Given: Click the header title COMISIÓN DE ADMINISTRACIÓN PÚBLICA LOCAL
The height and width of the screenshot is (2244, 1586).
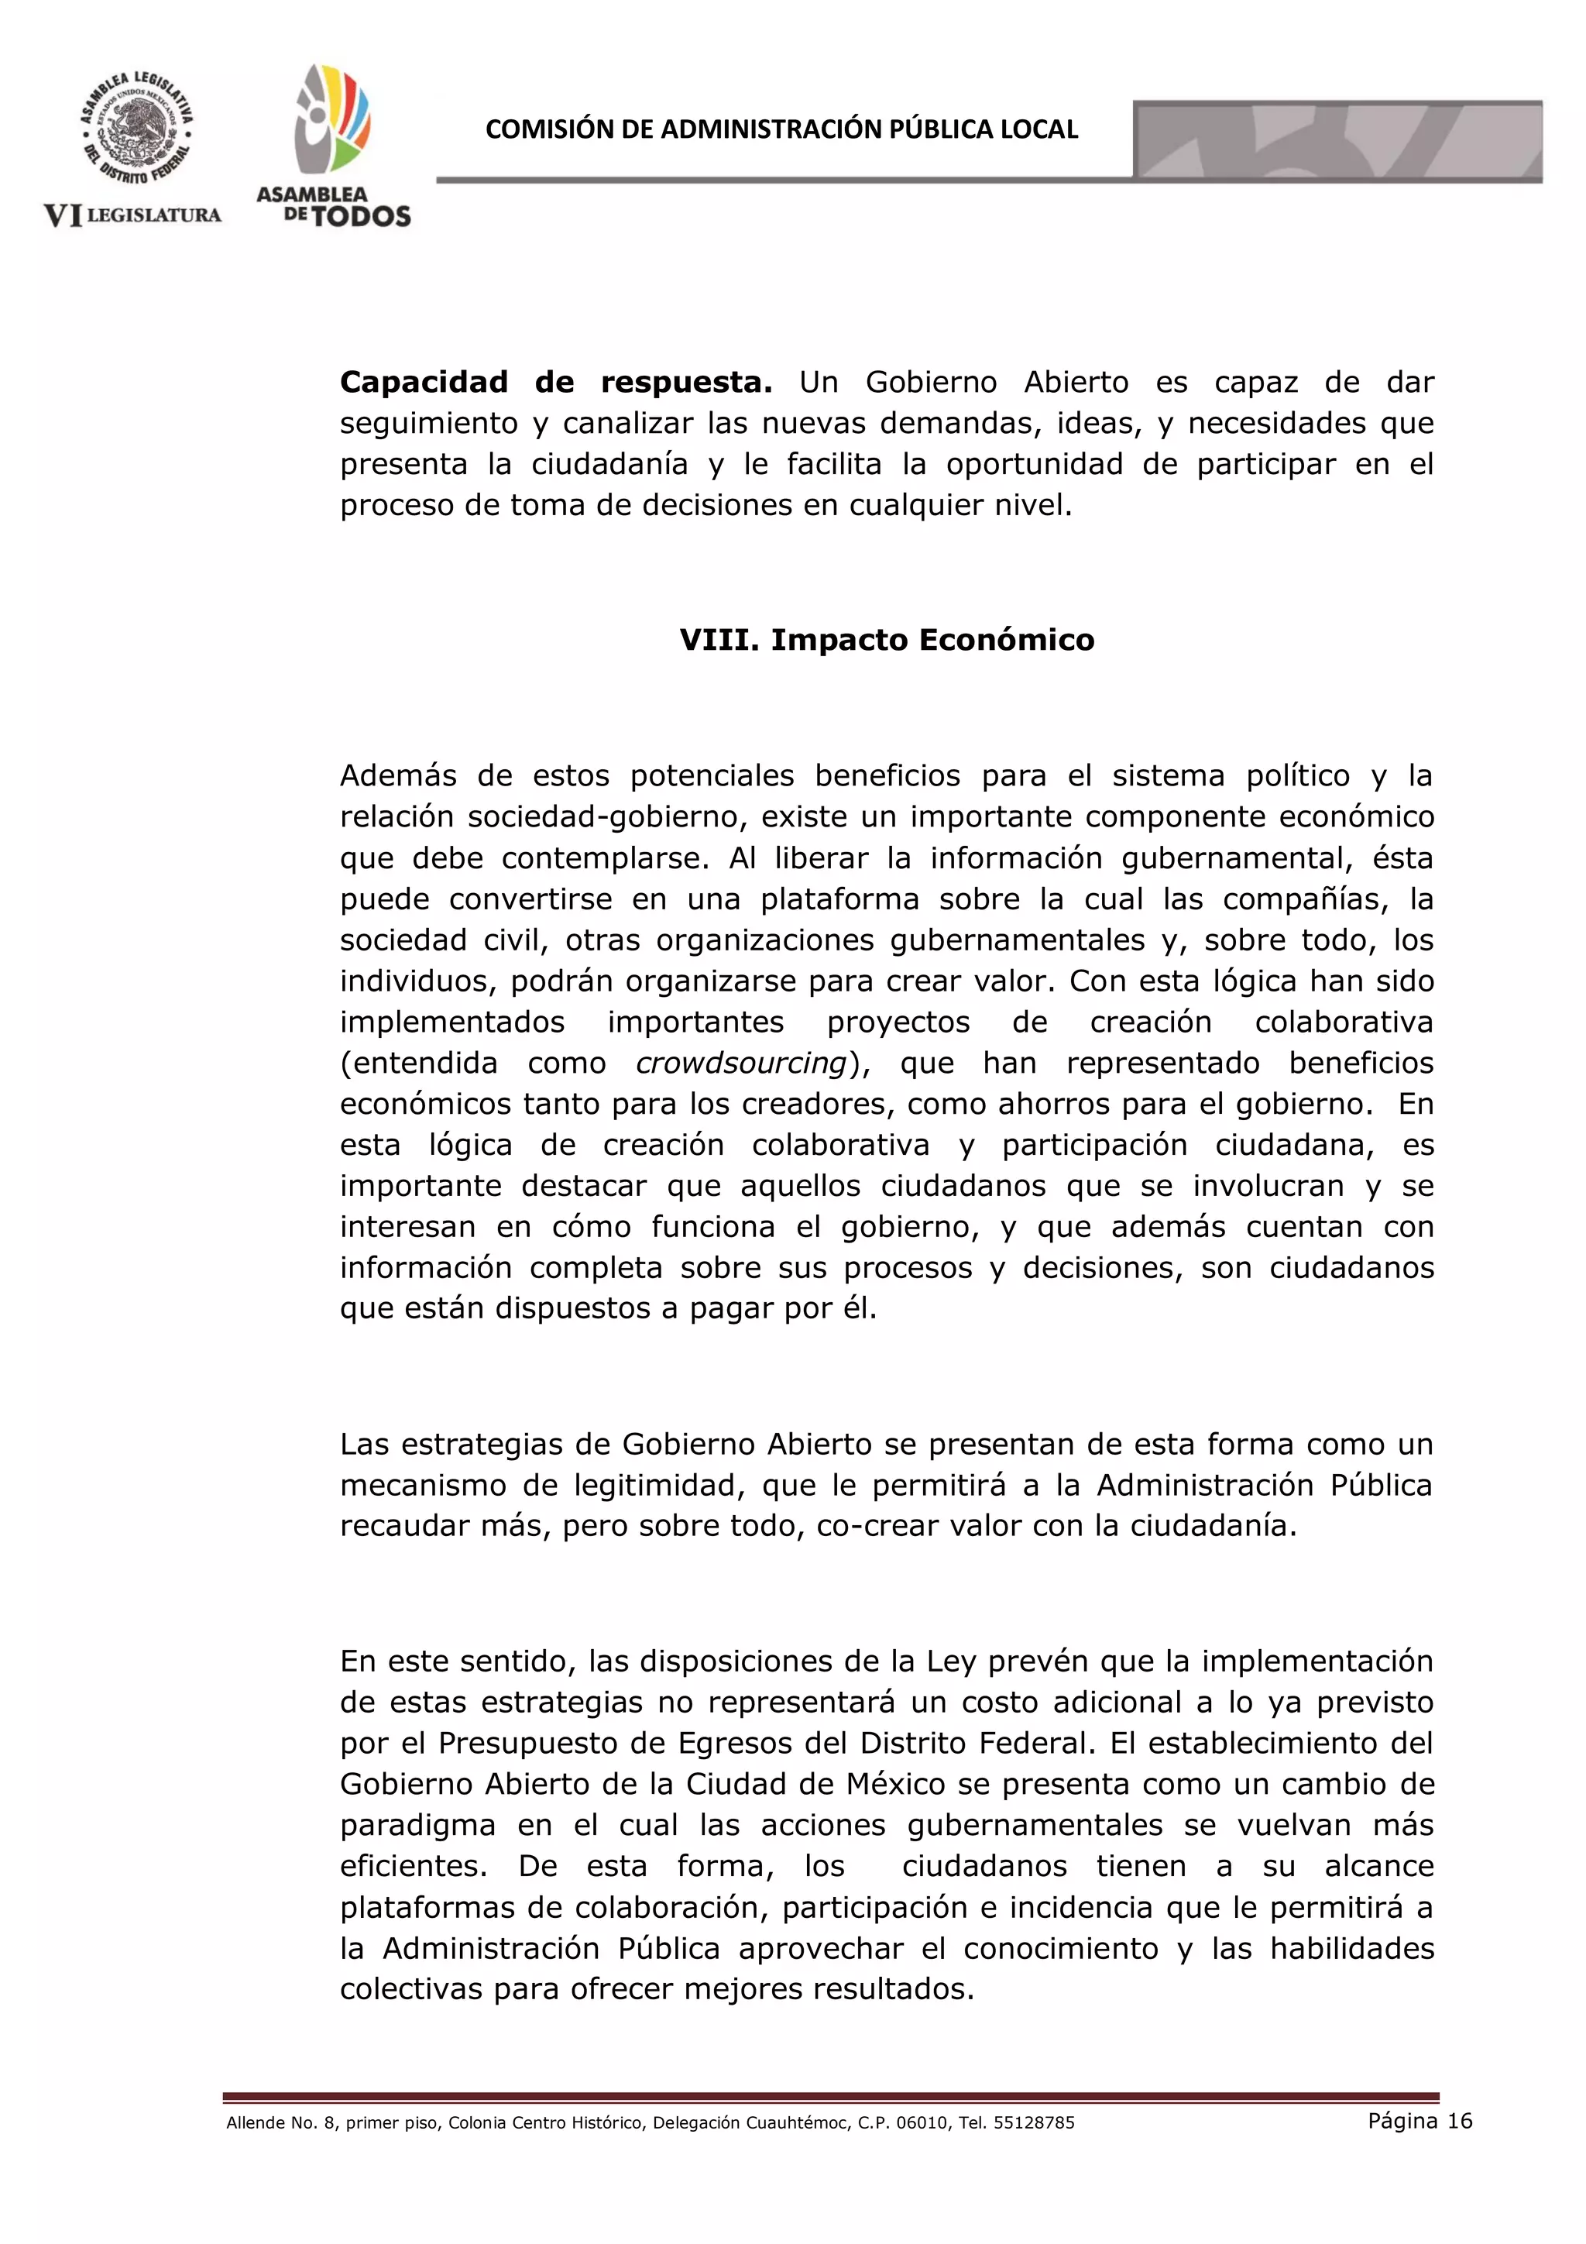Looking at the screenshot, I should pos(781,130).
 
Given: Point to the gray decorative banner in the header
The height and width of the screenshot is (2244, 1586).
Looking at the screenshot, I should pos(1337,141).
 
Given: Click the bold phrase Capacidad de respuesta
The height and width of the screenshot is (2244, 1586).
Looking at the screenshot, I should pos(555,382).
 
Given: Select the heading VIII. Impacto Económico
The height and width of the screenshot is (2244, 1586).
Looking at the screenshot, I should pos(887,640).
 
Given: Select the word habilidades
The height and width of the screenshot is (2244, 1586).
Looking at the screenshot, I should pos(1351,1948).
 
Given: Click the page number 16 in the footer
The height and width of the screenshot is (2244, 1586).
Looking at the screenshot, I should pos(1459,2120).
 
